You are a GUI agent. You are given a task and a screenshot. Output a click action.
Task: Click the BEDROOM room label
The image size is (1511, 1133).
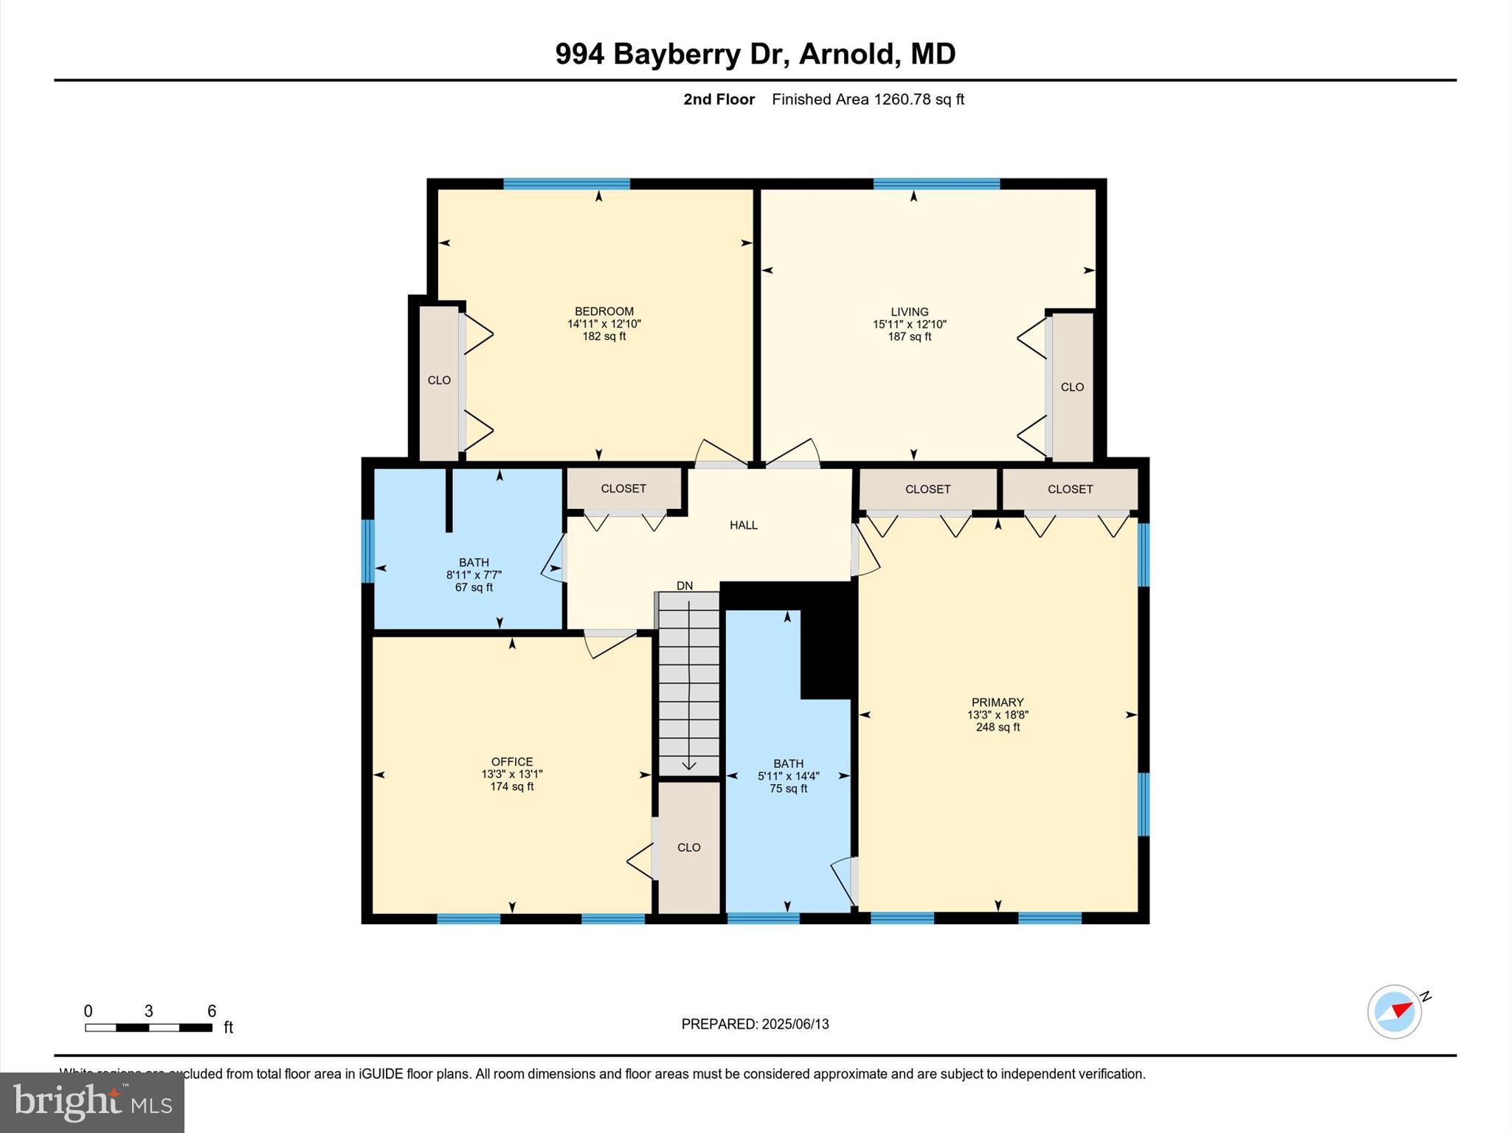(604, 311)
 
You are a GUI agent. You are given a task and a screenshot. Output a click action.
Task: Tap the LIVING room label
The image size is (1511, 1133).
(909, 312)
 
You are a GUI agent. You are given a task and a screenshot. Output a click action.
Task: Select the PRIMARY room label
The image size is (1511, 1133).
(997, 702)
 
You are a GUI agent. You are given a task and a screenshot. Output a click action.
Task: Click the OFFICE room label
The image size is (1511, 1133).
(512, 762)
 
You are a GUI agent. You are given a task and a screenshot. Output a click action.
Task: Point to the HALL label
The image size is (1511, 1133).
(744, 525)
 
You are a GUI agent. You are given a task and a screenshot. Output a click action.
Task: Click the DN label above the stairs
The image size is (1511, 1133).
(685, 586)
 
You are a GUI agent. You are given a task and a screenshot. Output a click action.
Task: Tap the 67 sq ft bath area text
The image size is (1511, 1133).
(474, 588)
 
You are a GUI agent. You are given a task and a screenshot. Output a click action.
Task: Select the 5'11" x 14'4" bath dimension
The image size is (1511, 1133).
(788, 776)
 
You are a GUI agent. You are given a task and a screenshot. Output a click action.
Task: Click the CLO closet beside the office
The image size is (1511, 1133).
(688, 848)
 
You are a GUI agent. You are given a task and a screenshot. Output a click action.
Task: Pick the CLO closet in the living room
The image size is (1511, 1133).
(1072, 387)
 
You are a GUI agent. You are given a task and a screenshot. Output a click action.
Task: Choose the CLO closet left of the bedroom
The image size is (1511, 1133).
(439, 381)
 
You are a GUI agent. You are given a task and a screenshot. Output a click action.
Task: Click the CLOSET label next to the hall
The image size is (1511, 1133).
(623, 488)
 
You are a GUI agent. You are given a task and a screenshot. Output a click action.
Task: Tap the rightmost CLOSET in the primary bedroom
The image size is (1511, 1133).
(1070, 489)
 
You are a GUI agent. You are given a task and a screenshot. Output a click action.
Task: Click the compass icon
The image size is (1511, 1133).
(1394, 1011)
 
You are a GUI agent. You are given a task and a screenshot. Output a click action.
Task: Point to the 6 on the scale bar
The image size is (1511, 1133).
(212, 1011)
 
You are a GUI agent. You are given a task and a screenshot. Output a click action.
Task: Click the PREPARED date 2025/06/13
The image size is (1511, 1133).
(795, 1024)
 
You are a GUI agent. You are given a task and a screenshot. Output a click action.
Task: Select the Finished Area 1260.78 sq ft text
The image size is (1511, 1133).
(868, 100)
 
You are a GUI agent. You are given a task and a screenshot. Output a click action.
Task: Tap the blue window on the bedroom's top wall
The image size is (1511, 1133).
(567, 184)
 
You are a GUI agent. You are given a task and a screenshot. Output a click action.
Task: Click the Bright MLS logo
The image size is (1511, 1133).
(92, 1103)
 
